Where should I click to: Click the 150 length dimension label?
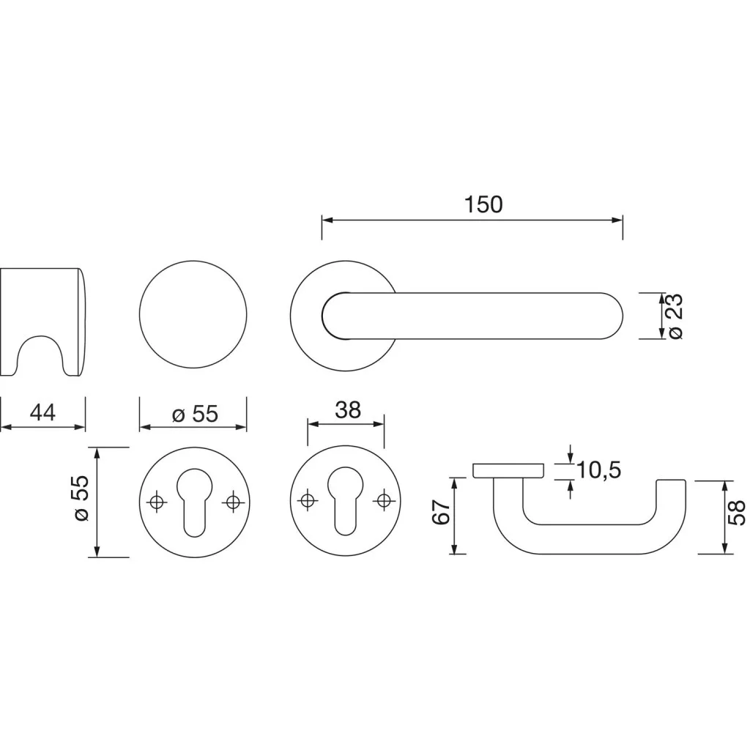click(483, 204)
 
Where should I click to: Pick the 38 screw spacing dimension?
click(348, 410)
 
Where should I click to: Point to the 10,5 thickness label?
click(599, 470)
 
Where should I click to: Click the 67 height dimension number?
click(442, 511)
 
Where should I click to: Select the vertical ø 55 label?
click(81, 498)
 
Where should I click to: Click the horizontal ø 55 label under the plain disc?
click(195, 414)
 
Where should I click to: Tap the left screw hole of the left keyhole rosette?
click(157, 502)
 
